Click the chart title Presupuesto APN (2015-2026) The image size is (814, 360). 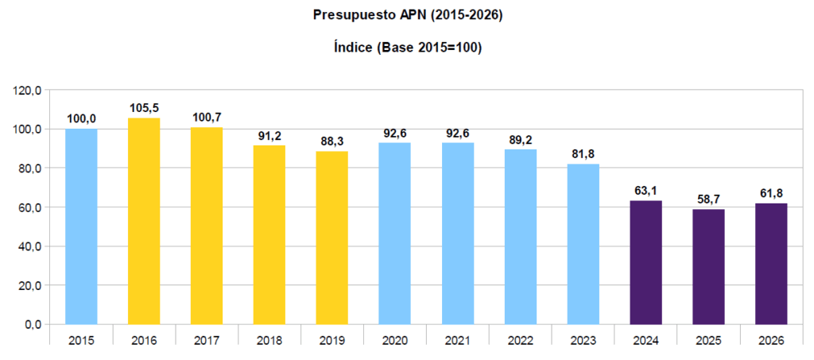tap(407, 14)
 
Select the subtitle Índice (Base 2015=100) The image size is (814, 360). tap(407, 48)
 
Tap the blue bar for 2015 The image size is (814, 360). tap(81, 226)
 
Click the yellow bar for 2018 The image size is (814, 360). tap(269, 235)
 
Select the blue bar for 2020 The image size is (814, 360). tap(394, 234)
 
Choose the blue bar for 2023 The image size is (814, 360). tap(583, 244)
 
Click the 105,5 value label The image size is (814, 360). tap(144, 107)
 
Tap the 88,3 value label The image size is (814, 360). tap(332, 141)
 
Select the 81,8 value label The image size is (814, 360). tap(583, 153)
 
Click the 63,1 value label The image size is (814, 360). tap(645, 190)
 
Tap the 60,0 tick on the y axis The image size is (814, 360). tap(30, 207)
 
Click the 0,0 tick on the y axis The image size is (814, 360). tap(33, 325)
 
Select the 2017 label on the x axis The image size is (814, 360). tap(207, 340)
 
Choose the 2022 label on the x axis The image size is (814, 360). tap(520, 340)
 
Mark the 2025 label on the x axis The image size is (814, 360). tap(708, 340)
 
